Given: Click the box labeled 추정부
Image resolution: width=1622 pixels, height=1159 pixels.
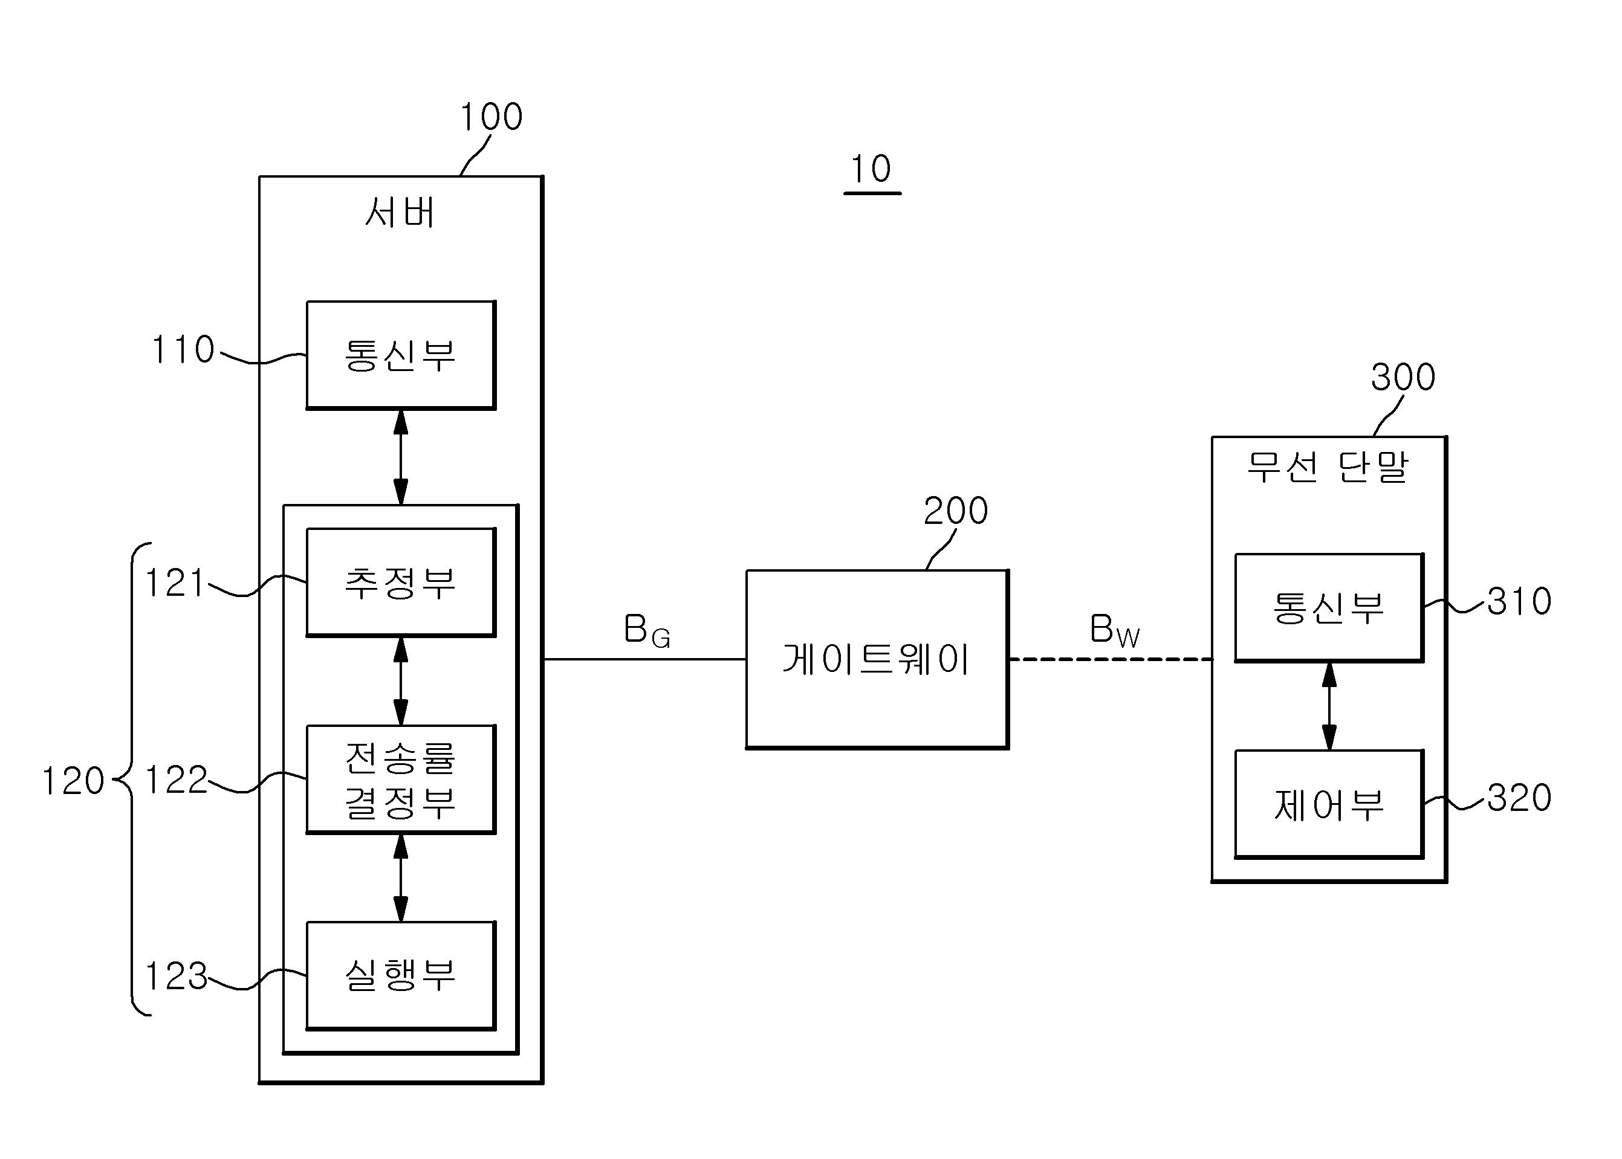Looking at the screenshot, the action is [x=401, y=583].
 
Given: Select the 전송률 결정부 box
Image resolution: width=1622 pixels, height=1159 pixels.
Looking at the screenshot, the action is [x=401, y=780].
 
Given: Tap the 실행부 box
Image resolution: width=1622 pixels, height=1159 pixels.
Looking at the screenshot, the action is [x=401, y=975].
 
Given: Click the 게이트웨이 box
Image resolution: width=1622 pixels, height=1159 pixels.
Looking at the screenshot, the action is [x=877, y=659].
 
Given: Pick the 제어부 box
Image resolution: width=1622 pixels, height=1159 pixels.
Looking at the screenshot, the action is [x=1329, y=804].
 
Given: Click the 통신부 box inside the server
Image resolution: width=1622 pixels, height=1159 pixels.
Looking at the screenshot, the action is [x=401, y=355].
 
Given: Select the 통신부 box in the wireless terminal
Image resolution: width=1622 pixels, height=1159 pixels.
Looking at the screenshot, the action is [x=1329, y=607].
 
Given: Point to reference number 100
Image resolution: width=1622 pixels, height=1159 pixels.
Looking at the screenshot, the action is [x=491, y=117].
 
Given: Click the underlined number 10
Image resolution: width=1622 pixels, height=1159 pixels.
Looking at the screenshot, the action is [x=871, y=169].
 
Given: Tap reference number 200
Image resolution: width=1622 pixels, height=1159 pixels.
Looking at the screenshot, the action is [x=955, y=511].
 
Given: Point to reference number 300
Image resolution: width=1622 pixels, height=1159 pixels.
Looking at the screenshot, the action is [x=1403, y=377].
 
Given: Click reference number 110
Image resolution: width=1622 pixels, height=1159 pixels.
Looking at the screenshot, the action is [x=183, y=350].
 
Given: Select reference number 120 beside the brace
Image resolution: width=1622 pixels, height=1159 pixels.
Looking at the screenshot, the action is [x=74, y=781].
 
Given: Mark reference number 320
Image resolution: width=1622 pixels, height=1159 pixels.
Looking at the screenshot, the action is [x=1519, y=798].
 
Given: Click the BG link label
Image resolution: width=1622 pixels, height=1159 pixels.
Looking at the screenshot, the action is [x=647, y=631].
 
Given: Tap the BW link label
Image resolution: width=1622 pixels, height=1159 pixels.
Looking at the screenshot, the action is [x=1114, y=631].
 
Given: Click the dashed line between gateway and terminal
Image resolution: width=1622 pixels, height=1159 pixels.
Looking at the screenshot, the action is [x=1111, y=659].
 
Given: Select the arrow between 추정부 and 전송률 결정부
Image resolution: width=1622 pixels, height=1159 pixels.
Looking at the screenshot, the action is [x=401, y=681].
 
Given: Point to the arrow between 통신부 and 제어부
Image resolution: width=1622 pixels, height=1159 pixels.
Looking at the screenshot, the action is [x=1329, y=706].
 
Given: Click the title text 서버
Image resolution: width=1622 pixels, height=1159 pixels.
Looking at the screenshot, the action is [x=400, y=212].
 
